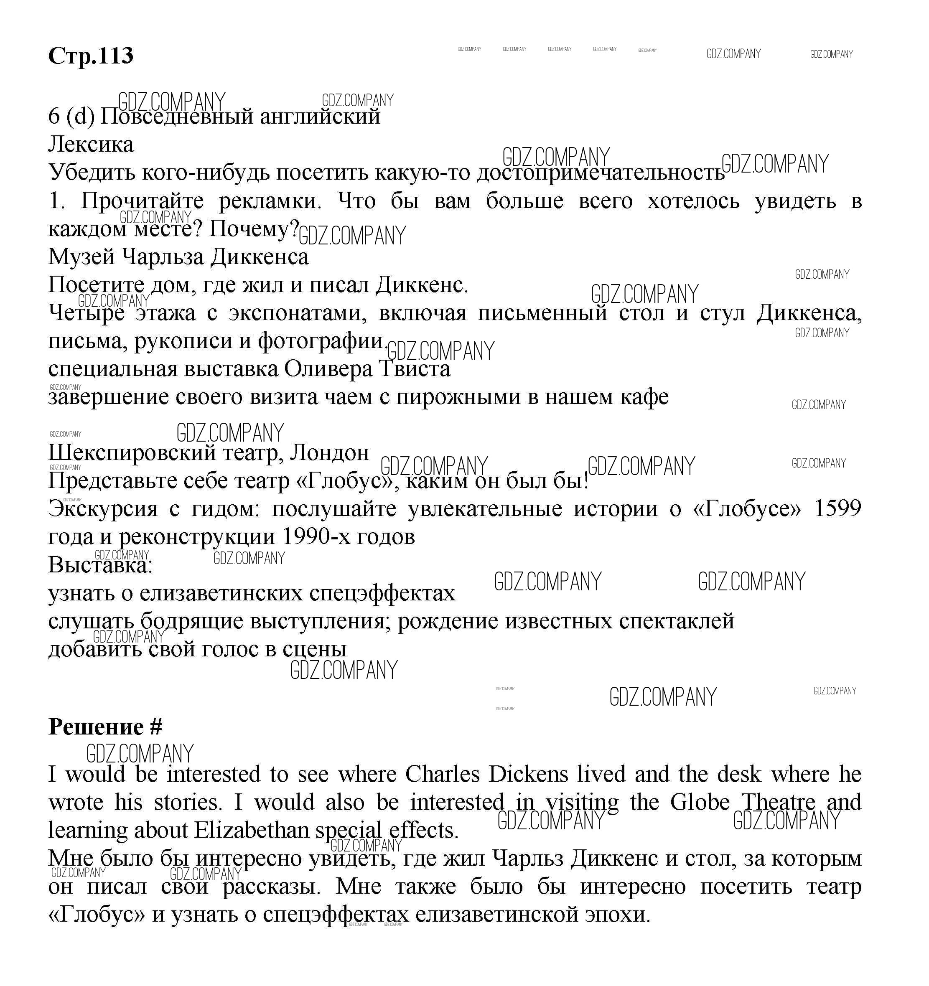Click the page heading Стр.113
coord(91,56)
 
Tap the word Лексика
coord(91,145)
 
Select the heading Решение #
coord(105,727)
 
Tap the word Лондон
coord(329,452)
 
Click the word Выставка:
coord(100,565)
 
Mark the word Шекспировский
coord(130,452)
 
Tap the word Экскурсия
coord(103,508)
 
